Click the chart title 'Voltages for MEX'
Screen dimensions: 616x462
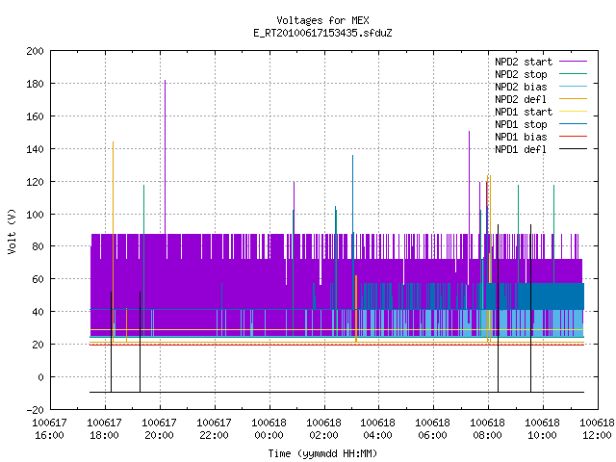[x=322, y=20]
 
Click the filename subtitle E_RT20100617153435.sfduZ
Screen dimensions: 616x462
[x=322, y=33]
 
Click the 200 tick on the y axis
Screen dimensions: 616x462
[x=35, y=51]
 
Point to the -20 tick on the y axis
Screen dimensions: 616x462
[x=35, y=410]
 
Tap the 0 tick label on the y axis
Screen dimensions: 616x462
[x=40, y=377]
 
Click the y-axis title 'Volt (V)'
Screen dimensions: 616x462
[x=12, y=231]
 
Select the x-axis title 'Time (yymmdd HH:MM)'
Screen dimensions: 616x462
[x=322, y=453]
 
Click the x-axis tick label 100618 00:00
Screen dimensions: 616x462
[x=269, y=429]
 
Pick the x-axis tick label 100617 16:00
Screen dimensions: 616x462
[x=49, y=429]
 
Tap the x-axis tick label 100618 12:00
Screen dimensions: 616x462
[x=597, y=429]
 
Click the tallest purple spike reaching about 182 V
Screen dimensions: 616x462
[x=165, y=157]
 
